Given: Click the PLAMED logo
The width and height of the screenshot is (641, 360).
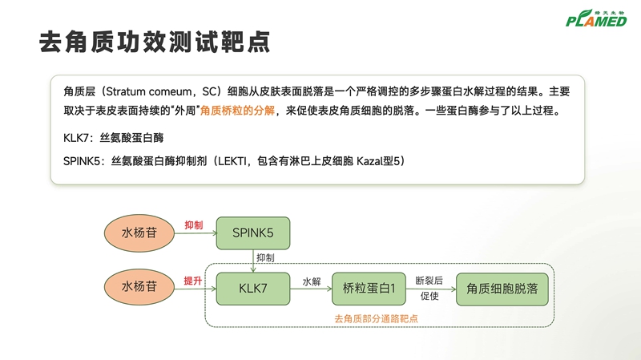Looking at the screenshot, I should tap(595, 17).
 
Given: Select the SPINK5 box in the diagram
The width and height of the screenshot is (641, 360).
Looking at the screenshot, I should tap(252, 233).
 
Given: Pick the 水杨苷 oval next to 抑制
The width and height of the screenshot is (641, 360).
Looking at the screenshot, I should tap(139, 233).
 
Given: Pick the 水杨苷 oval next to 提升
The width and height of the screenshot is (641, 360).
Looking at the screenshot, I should tap(139, 286).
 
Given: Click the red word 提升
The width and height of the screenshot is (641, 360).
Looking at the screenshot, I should tap(192, 280).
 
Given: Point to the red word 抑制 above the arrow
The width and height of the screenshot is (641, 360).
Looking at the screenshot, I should tap(193, 225).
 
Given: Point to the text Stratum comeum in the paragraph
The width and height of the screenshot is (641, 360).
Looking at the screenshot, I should tap(147, 91).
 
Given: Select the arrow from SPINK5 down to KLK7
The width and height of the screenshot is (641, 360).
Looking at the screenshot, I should tap(252, 260).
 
